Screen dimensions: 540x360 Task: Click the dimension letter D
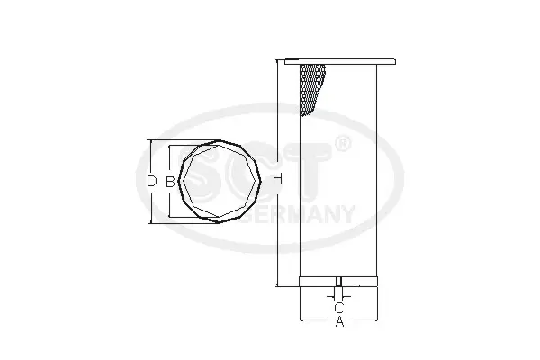[152, 181]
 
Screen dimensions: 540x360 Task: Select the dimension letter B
[170, 182]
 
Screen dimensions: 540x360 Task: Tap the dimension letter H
[277, 179]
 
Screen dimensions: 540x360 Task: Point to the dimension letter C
[339, 307]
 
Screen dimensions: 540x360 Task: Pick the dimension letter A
[339, 321]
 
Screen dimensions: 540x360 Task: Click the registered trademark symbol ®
[343, 144]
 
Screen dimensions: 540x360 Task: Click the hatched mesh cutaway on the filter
[311, 89]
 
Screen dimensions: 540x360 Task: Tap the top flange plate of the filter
[340, 62]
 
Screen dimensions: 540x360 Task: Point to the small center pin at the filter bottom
[339, 282]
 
